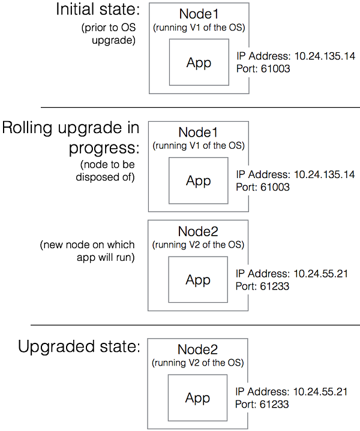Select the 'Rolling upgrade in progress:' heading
(x=71, y=137)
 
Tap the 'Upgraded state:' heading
(x=79, y=346)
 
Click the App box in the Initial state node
(x=199, y=62)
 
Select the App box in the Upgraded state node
(x=198, y=398)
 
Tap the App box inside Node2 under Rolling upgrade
(x=198, y=280)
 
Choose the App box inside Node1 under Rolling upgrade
(x=198, y=181)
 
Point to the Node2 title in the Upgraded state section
(x=198, y=349)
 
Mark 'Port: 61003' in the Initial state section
(x=263, y=69)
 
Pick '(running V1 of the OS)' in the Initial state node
(x=199, y=26)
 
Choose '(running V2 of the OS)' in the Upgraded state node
(x=198, y=362)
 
